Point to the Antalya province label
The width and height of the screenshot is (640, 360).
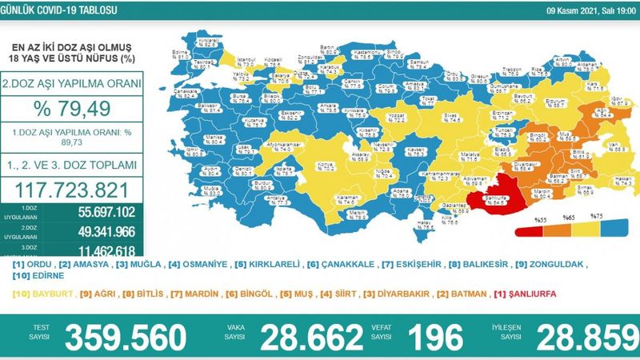click(x=257, y=197)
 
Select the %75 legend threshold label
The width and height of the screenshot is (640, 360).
click(x=596, y=216)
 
